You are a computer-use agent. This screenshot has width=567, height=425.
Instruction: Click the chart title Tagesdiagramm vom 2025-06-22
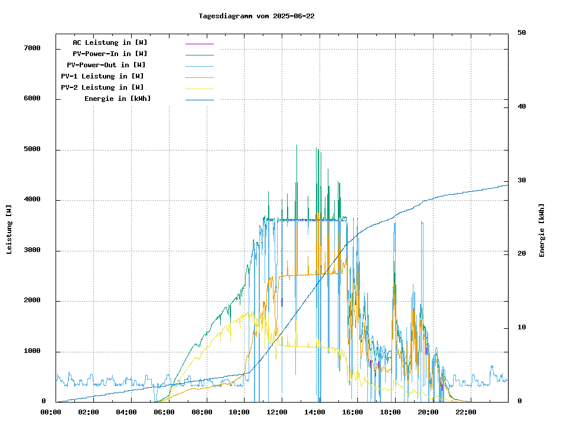pos(256,16)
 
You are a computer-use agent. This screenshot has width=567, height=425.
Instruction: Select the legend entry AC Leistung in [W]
pos(110,42)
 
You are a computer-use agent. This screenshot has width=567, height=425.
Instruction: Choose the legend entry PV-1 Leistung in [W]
pos(102,76)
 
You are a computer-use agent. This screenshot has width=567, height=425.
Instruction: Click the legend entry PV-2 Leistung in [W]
pos(102,87)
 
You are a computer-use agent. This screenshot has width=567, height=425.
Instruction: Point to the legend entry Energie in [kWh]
pos(118,99)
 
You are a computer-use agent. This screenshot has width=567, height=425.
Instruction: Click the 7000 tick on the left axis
pos(31,48)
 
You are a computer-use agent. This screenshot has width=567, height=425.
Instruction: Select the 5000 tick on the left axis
pos(31,149)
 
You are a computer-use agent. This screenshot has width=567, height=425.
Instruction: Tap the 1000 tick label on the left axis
pos(31,351)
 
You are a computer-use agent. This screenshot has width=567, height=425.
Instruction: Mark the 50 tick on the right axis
pos(522,33)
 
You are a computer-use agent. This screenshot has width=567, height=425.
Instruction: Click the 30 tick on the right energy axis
pos(522,181)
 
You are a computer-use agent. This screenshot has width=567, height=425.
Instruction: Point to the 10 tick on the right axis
pos(522,328)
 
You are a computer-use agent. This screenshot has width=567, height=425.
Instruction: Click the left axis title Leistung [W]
pos(9,229)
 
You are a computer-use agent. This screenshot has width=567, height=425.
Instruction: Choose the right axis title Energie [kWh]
pos(542,230)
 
